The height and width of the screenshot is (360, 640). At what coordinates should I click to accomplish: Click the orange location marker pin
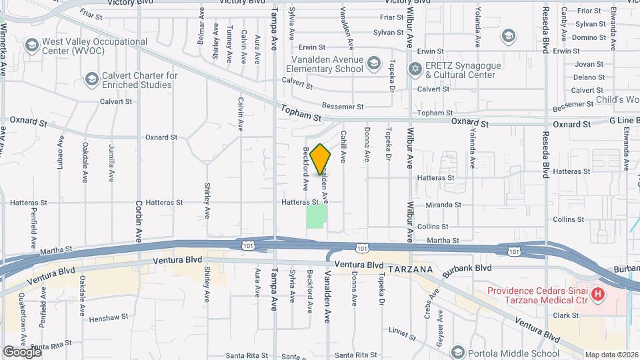(321, 159)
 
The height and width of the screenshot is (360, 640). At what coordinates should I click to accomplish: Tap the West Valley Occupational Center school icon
(31, 45)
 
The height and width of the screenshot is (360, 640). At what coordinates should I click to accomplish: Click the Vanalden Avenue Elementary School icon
(374, 64)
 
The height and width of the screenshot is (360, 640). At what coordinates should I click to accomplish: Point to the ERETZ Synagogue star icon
(415, 69)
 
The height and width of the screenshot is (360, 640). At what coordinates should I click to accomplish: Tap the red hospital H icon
(598, 294)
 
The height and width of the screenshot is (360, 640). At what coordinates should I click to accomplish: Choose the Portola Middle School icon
(457, 352)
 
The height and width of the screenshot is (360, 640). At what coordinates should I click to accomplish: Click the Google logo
(22, 351)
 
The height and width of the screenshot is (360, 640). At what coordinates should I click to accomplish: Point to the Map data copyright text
(611, 355)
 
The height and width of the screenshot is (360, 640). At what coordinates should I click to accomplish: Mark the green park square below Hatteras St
(317, 215)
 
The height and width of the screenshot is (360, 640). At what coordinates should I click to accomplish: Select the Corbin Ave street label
(139, 220)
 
